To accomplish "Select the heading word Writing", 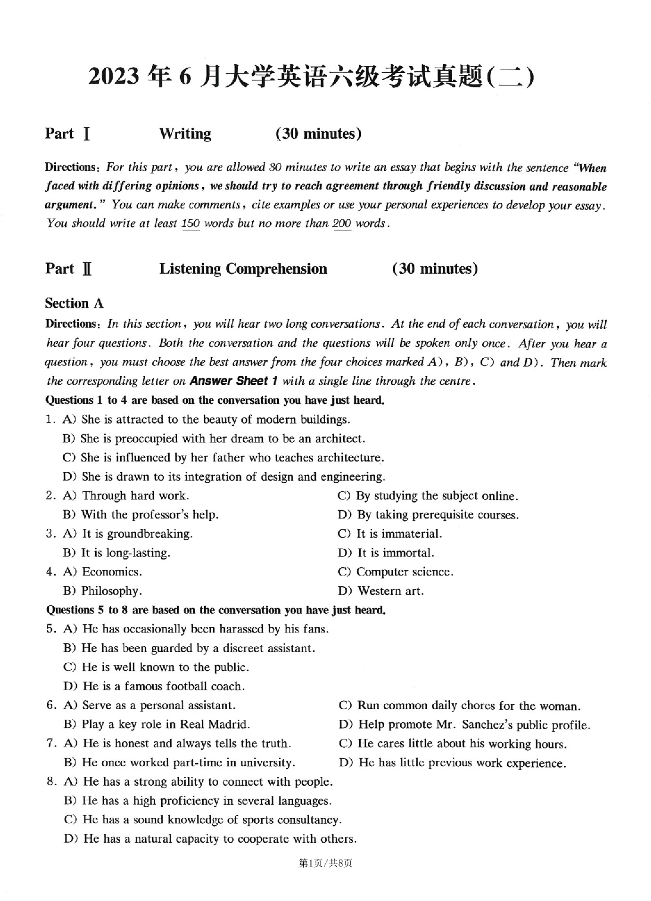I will pyautogui.click(x=185, y=134).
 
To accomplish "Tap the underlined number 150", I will pyautogui.click(x=190, y=224).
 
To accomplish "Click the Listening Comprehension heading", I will pyautogui.click(x=243, y=268).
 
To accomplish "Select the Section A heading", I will pyautogui.click(x=74, y=304).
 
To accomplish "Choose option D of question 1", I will pyautogui.click(x=224, y=476).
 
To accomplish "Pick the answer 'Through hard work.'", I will pyautogui.click(x=135, y=495).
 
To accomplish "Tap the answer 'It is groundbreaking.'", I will pyautogui.click(x=137, y=533).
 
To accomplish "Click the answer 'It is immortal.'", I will pyautogui.click(x=395, y=552).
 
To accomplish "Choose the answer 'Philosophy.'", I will pyautogui.click(x=111, y=590).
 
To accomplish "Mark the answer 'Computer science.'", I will pyautogui.click(x=404, y=571).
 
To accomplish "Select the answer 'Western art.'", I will pyautogui.click(x=390, y=590).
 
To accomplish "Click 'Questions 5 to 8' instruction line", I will pyautogui.click(x=215, y=609).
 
